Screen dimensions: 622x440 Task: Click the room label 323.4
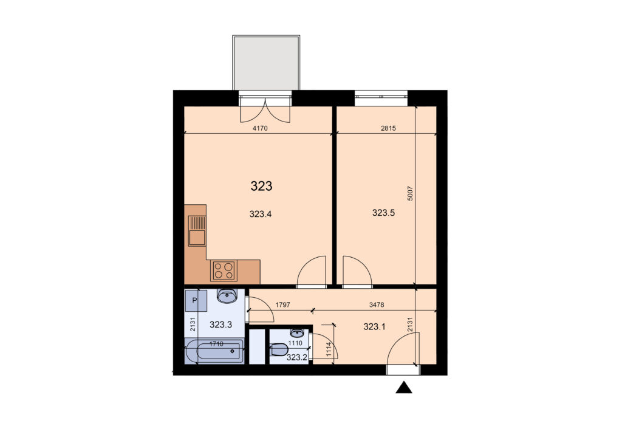(260, 215)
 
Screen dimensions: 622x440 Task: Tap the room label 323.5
(383, 213)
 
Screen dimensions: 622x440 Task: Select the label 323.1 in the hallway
(374, 327)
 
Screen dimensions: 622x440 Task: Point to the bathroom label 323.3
(220, 325)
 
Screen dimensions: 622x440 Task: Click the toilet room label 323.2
(296, 357)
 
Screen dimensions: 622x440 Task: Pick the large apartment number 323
(261, 186)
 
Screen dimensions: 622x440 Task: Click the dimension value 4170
(260, 128)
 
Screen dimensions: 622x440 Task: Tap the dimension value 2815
(388, 128)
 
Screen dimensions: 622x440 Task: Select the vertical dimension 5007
(410, 193)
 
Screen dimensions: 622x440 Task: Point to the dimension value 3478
(377, 304)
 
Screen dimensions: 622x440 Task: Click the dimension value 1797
(283, 304)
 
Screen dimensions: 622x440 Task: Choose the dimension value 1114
(329, 350)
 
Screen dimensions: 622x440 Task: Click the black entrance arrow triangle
(404, 388)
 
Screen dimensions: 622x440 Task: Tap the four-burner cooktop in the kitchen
(224, 270)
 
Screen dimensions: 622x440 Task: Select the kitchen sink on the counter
(197, 231)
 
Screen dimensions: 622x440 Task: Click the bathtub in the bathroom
(214, 351)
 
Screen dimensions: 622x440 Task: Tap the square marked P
(196, 300)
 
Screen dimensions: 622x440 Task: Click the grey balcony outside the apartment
(266, 63)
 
